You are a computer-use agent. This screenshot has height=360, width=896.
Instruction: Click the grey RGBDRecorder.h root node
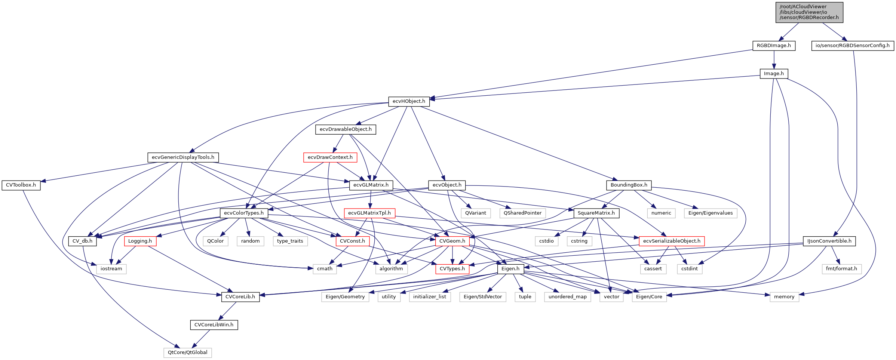click(x=809, y=12)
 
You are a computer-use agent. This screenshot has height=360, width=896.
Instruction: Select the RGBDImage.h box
click(x=774, y=46)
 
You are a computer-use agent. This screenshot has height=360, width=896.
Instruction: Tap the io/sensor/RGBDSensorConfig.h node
click(x=852, y=46)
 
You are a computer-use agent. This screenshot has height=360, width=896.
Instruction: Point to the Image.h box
click(x=774, y=74)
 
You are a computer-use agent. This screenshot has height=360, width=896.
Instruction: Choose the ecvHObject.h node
click(x=409, y=101)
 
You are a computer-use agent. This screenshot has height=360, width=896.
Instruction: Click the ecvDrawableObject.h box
click(x=346, y=129)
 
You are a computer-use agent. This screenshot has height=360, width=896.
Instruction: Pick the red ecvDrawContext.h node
click(x=330, y=157)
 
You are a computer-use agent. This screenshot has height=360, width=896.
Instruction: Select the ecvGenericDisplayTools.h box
click(x=183, y=157)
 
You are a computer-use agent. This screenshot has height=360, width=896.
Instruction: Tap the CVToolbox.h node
click(x=21, y=185)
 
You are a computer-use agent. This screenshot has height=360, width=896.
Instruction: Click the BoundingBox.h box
click(x=629, y=185)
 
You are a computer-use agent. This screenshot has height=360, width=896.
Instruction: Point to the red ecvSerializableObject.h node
click(x=672, y=241)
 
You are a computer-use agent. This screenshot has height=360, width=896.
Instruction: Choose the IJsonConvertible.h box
click(x=829, y=241)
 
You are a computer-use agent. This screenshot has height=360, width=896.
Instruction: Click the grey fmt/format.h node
click(x=841, y=269)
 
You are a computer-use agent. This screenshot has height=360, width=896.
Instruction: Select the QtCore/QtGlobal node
click(x=187, y=353)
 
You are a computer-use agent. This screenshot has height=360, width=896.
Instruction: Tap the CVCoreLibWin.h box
click(x=214, y=325)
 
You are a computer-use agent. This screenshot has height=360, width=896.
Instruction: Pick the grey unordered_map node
click(x=567, y=297)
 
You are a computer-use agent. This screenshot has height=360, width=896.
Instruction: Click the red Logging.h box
click(x=140, y=241)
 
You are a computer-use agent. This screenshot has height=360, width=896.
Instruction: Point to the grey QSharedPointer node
click(x=522, y=213)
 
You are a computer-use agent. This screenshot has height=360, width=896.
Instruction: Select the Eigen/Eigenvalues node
click(x=711, y=213)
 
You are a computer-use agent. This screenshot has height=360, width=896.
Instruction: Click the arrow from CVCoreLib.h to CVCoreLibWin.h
click(x=228, y=310)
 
